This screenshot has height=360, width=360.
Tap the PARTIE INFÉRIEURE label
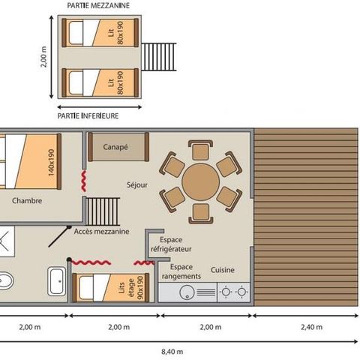point(88,116)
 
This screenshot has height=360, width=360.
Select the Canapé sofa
point(115,148)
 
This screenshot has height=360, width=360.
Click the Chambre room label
point(26,201)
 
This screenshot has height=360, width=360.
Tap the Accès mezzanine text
point(102,231)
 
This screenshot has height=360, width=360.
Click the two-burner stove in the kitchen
point(232,292)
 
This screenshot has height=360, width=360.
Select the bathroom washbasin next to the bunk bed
point(56,280)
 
